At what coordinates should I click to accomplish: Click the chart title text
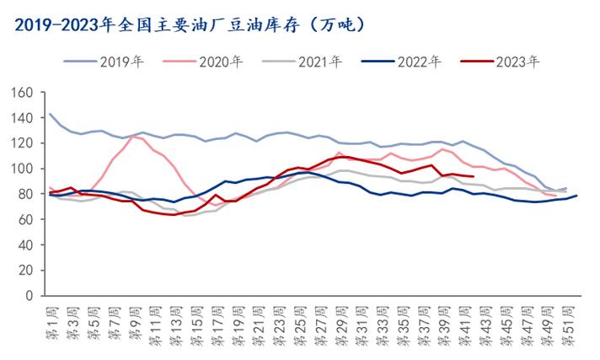190,24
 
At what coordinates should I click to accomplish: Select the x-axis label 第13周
174,325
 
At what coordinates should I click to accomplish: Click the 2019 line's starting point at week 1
51,114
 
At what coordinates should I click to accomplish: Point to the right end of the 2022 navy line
576,196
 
